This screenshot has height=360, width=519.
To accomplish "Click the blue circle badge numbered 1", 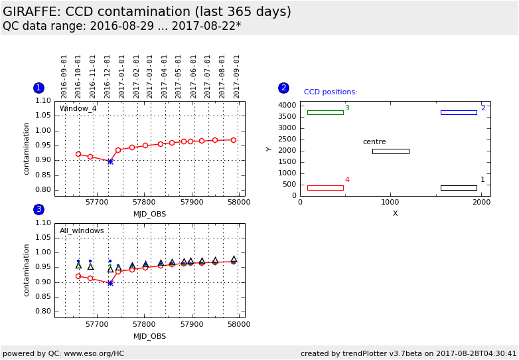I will pyautogui.click(x=38, y=88).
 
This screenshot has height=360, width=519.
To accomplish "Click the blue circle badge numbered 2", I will pyautogui.click(x=283, y=88).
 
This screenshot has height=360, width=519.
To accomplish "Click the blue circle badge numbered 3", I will pyautogui.click(x=38, y=209).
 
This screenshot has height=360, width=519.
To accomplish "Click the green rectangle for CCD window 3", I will pyautogui.click(x=325, y=112).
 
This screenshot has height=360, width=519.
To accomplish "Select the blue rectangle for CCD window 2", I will pyautogui.click(x=459, y=112).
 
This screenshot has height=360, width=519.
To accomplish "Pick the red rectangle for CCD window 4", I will pyautogui.click(x=325, y=188).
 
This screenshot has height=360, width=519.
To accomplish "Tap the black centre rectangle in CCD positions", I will pyautogui.click(x=390, y=151).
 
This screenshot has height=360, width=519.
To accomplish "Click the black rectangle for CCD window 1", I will pyautogui.click(x=459, y=188).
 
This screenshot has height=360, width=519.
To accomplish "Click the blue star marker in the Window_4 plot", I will pyautogui.click(x=110, y=161).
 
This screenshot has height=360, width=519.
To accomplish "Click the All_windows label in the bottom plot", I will pyautogui.click(x=82, y=231).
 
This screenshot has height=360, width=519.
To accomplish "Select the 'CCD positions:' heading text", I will pyautogui.click(x=331, y=92).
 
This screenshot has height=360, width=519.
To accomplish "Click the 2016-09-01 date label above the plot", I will pyautogui.click(x=64, y=76).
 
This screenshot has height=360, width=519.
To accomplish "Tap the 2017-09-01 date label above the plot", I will pyautogui.click(x=237, y=76).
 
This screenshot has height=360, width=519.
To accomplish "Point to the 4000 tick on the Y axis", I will pyautogui.click(x=286, y=106).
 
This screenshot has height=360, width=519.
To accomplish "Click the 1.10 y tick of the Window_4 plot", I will pyautogui.click(x=42, y=101).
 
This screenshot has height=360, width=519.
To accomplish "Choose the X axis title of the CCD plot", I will pyautogui.click(x=395, y=213).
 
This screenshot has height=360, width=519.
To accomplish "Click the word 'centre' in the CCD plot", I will pyautogui.click(x=374, y=142).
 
